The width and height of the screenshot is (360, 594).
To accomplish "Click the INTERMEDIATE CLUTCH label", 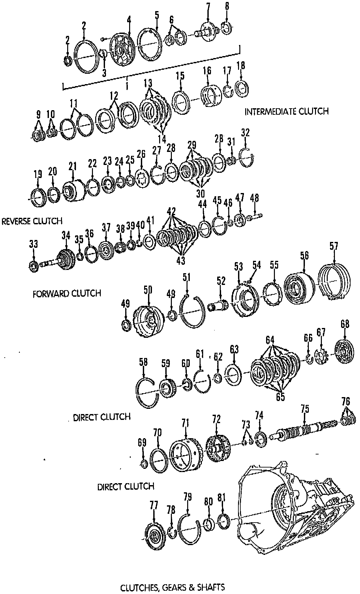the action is pyautogui.click(x=286, y=111).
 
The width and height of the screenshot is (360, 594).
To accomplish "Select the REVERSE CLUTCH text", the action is pyautogui.click(x=32, y=221).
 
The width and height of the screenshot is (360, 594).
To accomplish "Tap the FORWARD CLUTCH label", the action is pyautogui.click(x=67, y=293).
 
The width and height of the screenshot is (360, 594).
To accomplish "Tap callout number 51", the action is pyautogui.click(x=187, y=278).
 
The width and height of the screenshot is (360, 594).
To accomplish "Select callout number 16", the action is pyautogui.click(x=207, y=70).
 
